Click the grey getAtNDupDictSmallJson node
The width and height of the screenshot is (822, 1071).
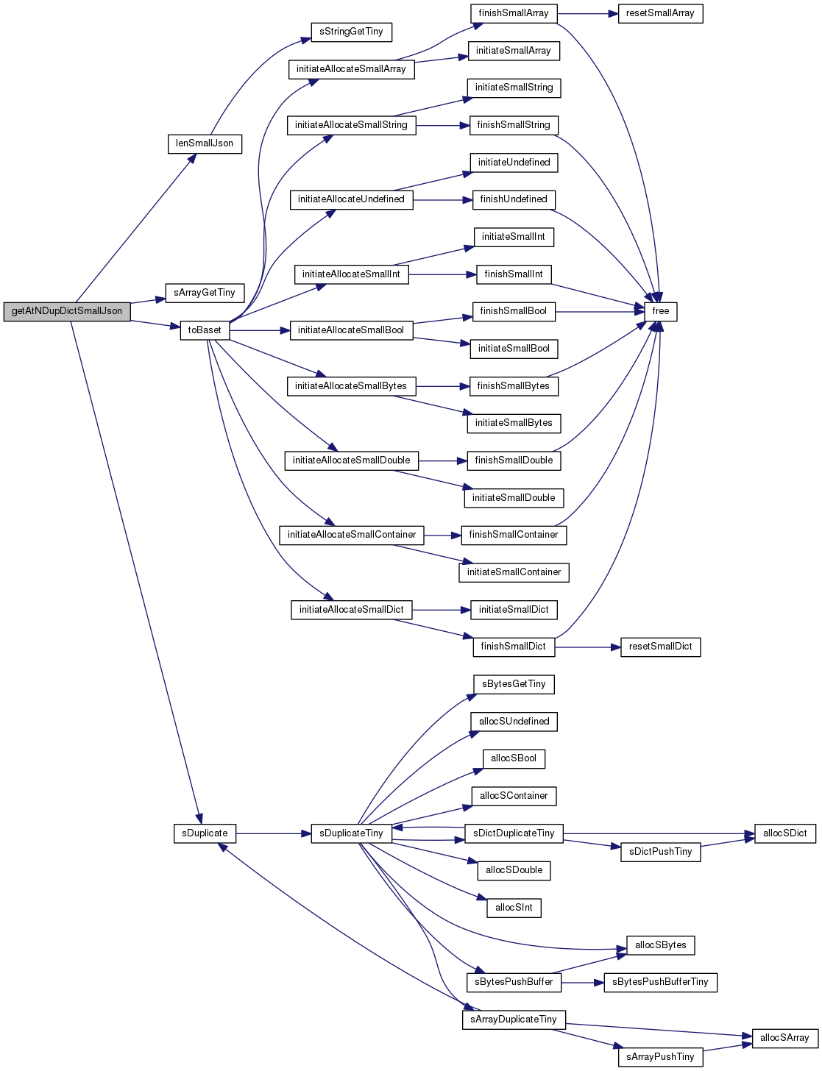[x=67, y=311]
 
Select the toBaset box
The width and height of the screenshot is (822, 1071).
[x=205, y=330]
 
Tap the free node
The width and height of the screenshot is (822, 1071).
[x=660, y=311]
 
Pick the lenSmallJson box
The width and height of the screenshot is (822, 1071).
[x=205, y=144]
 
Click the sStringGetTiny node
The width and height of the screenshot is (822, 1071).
[x=351, y=32]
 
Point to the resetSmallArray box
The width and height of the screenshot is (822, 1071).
[x=660, y=14]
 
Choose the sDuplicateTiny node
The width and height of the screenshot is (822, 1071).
[x=351, y=833]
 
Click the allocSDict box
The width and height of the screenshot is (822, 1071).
[x=784, y=833]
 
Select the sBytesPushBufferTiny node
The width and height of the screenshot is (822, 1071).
[x=660, y=982]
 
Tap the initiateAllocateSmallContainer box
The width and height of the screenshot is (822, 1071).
[x=351, y=535]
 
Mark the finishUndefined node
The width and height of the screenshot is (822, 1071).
[x=514, y=199]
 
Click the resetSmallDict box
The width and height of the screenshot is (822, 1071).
[x=660, y=647]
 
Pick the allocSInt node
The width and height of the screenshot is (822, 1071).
[x=514, y=908]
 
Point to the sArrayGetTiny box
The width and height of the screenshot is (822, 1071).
[x=205, y=293]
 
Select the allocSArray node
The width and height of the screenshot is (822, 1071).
[x=784, y=1038]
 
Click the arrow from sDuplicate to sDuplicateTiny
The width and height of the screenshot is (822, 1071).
[x=273, y=833]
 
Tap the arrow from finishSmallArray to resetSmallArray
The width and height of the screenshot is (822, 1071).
[x=587, y=14]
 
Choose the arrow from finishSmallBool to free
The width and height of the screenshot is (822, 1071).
[x=600, y=311]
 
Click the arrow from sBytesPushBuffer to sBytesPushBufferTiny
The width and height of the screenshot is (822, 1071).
[x=582, y=982]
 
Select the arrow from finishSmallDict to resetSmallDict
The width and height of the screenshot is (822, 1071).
[x=587, y=647]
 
